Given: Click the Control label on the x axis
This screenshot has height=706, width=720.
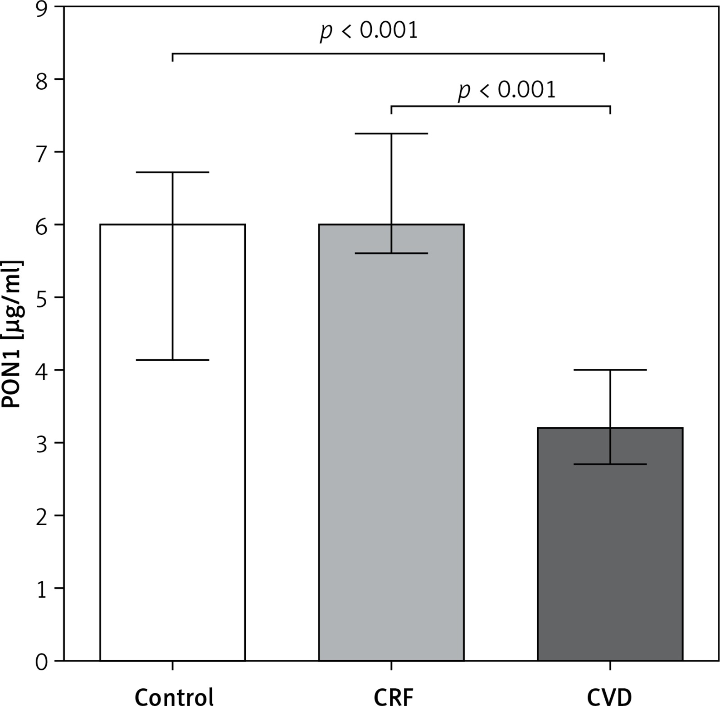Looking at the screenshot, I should pos(174,696).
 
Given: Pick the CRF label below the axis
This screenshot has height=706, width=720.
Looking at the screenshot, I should pos(393,696).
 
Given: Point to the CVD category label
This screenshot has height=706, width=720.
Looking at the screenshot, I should pos(609,696).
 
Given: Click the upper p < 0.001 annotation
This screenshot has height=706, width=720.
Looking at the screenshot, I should pos(369,31).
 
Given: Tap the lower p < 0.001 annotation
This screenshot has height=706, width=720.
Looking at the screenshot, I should pos(506,90).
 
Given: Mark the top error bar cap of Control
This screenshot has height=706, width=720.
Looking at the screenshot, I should pos(172,172).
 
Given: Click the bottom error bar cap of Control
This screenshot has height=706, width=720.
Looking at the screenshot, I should pos(172,360).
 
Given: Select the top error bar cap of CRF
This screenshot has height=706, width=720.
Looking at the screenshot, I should pos(391,134).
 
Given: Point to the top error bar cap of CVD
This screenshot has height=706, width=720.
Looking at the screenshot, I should pos(610,370).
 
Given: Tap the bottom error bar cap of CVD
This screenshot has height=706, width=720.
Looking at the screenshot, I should pos(610,464).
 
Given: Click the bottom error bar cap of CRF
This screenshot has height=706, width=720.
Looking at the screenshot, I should pos(391,253).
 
